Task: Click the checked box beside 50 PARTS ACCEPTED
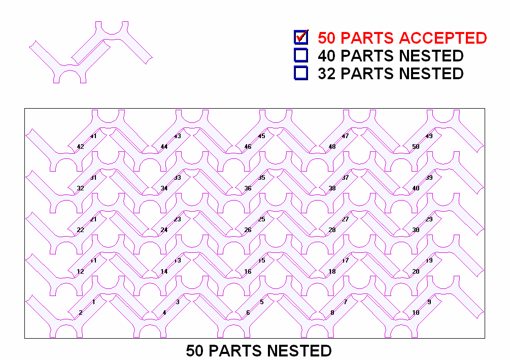coord(301,38)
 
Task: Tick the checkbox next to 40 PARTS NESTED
coord(301,55)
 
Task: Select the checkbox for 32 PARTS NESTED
coord(301,73)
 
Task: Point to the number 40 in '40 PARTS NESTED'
coord(327,56)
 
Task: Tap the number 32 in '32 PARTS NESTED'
coord(327,74)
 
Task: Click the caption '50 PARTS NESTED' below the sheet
coord(259,351)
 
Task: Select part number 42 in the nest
coord(80,147)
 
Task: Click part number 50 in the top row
coord(416,147)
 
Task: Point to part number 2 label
coord(81,313)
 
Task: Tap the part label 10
coord(416,313)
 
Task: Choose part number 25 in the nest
coord(262,219)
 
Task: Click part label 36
coord(248,188)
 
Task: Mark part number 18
coord(332,272)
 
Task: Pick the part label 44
coord(164,147)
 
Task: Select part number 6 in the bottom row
coord(248,313)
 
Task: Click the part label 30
coord(416,230)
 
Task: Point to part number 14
coord(164,272)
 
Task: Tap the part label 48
coord(332,147)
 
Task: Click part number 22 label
coord(80,230)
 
